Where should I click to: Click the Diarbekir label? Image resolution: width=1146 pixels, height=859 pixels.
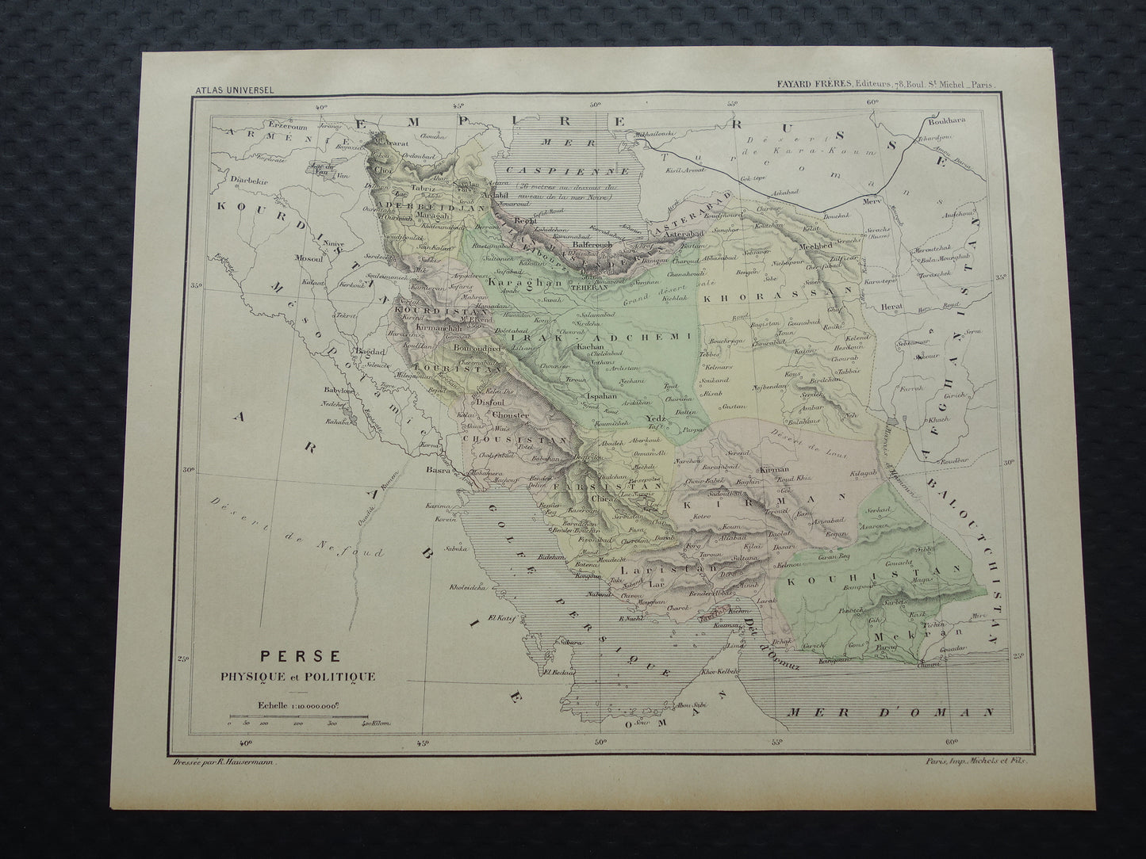coord(246,181)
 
